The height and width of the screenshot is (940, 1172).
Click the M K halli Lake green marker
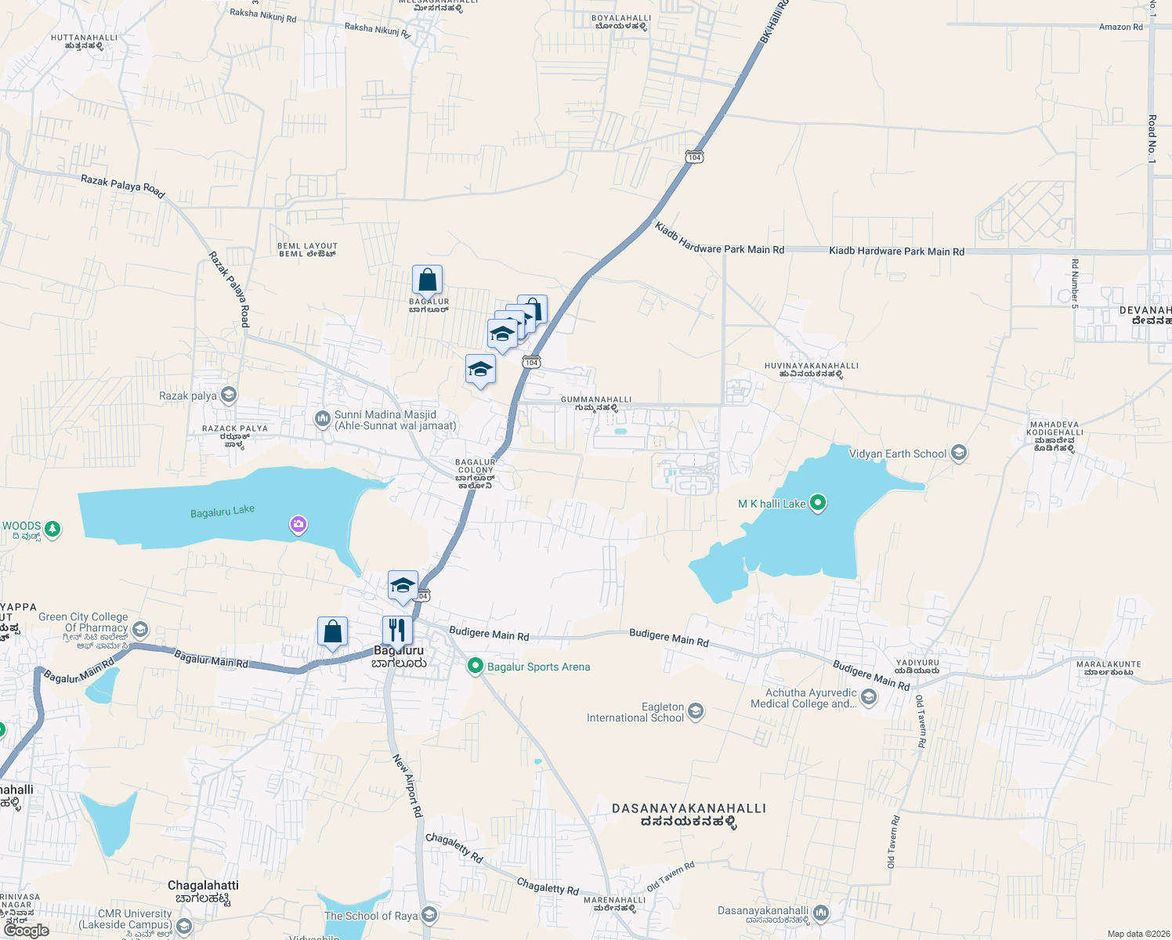pos(817,502)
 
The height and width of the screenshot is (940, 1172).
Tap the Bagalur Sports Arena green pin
pos(475,666)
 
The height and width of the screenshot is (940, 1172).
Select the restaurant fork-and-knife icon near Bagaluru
pos(397,630)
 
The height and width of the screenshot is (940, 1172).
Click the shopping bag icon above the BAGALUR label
pos(427,280)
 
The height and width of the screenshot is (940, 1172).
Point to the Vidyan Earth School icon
pos(958,453)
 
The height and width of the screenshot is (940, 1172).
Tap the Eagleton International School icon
pos(696,711)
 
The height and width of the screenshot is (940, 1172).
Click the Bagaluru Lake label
pos(222,512)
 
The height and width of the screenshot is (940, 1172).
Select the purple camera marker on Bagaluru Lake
pos(298,524)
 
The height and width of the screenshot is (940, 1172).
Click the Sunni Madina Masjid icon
pos(322,419)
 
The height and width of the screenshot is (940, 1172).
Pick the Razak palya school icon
pos(229,395)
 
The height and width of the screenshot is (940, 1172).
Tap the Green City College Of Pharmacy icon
pos(140,628)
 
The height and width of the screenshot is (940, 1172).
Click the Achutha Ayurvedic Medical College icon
pos(868,696)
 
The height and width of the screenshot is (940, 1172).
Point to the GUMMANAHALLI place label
pos(595,399)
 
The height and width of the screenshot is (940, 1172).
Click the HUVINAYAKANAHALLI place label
pos(811,366)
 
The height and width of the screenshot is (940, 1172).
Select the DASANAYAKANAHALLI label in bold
pos(689,808)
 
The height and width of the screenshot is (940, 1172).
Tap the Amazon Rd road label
pos(1120,27)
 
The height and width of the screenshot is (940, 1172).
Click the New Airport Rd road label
pos(407,786)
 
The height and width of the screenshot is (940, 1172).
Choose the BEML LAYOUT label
pos(307,246)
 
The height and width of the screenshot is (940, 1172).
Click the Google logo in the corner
pos(27,930)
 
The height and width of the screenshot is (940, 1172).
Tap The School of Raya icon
pos(429,915)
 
